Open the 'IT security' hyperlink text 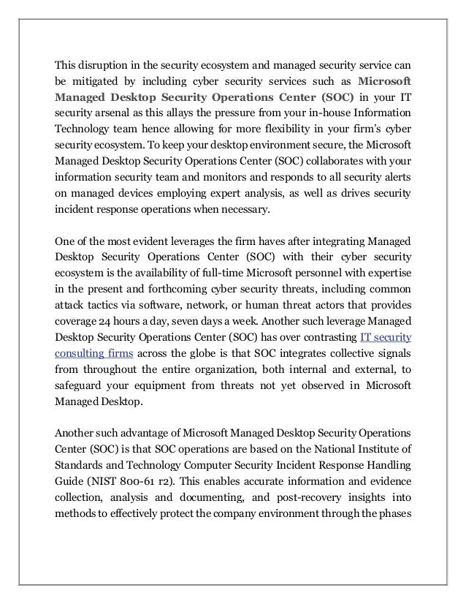click(386, 338)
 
